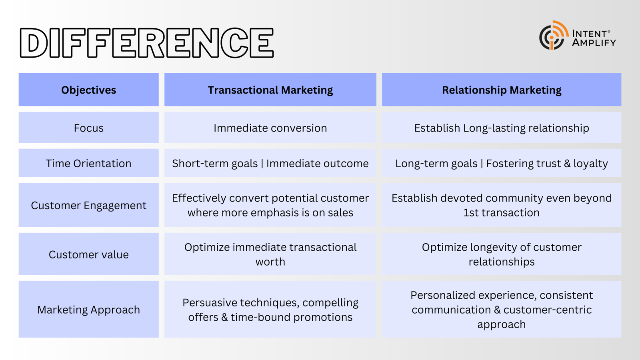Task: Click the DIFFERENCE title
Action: (146, 43)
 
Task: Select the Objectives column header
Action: (88, 90)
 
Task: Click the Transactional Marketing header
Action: (270, 90)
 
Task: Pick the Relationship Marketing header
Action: (502, 90)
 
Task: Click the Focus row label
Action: (88, 128)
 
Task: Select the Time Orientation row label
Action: (88, 164)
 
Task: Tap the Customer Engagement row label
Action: (88, 206)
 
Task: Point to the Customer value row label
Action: (88, 254)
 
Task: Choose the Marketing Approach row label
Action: (88, 310)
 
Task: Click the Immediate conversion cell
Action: (270, 128)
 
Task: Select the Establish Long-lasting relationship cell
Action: (502, 128)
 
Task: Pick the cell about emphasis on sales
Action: (270, 205)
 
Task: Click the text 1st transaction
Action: (502, 212)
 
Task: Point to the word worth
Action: (270, 262)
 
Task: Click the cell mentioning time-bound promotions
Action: (270, 310)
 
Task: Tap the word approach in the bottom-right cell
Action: (502, 324)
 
